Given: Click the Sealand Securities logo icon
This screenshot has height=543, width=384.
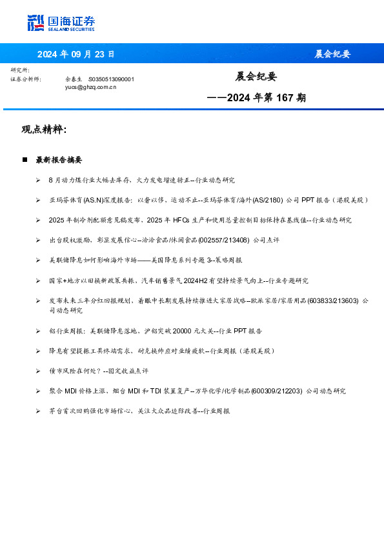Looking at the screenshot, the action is (36, 23).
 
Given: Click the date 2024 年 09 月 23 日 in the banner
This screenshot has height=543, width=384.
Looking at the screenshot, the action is (76, 54).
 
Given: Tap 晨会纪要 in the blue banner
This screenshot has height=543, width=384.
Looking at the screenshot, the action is (332, 54).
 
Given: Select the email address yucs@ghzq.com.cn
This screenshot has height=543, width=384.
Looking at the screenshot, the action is (90, 86).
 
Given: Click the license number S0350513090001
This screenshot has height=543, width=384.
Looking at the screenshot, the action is (111, 79).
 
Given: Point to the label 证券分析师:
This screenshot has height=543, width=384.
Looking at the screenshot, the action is (26, 79).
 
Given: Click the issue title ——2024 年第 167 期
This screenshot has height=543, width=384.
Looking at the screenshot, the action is (256, 99).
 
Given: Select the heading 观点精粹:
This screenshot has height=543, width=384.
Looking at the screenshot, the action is (44, 130).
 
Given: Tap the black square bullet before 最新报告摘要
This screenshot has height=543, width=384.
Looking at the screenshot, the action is (25, 159).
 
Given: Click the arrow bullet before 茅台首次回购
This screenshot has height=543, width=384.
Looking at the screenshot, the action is (39, 411).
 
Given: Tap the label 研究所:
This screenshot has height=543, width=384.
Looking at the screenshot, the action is (20, 70).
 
